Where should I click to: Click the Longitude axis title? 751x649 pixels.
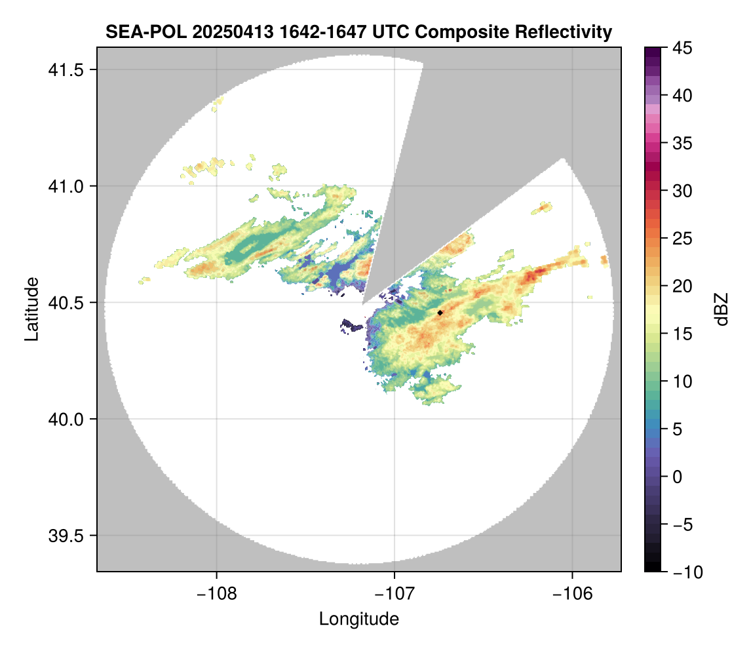358,619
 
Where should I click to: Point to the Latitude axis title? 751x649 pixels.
31,309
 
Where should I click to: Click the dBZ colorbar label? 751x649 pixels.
722,309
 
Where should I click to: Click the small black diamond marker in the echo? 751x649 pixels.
440,313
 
